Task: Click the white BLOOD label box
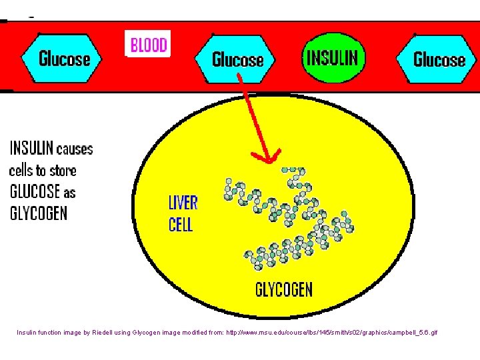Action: (x=148, y=45)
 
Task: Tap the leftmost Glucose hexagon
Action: (x=63, y=59)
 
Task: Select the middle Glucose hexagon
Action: (x=237, y=59)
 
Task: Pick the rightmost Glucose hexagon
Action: (x=439, y=59)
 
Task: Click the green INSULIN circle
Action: (x=331, y=57)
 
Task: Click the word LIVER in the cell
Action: (x=183, y=202)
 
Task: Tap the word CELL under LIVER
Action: (x=181, y=224)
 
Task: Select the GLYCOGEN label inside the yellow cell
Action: (x=283, y=289)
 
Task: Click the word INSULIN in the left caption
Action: (x=31, y=148)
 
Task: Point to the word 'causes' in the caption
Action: (x=75, y=149)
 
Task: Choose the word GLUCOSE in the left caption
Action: (x=35, y=192)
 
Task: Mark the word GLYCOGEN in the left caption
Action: (x=38, y=213)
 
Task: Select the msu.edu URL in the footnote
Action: (x=333, y=332)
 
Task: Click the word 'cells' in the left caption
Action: (x=23, y=170)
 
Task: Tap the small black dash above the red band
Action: (x=32, y=15)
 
